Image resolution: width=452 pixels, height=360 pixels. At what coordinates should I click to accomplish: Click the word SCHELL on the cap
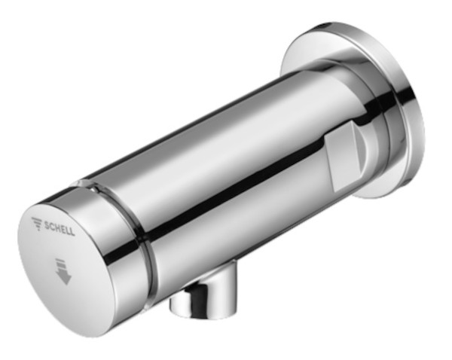coord(60,228)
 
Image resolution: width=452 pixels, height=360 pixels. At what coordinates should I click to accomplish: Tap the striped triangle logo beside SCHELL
coord(37,223)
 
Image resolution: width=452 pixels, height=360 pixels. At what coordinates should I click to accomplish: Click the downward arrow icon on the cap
coord(63,271)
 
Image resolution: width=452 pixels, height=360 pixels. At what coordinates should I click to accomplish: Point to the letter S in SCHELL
coord(47,224)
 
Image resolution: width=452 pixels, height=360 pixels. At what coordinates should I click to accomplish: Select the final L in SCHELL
coord(72,232)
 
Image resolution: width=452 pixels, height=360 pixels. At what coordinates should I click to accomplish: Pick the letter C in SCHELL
coord(52,226)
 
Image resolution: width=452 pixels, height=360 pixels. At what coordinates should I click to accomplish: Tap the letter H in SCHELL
coord(57,227)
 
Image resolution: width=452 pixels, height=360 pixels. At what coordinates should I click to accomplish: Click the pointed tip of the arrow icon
coord(66,285)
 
